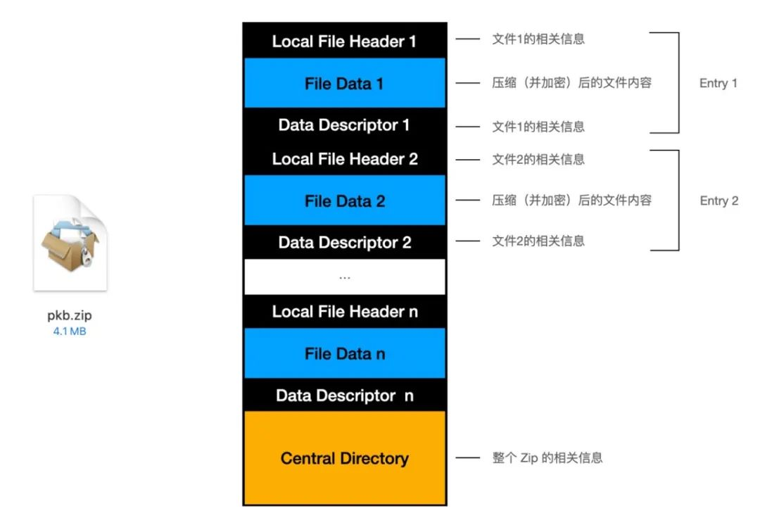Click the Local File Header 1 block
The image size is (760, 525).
click(x=344, y=41)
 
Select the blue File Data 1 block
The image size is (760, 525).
click(x=344, y=83)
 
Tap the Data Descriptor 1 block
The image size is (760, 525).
click(x=344, y=125)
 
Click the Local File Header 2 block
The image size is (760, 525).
click(x=344, y=159)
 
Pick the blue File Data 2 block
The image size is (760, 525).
click(x=344, y=201)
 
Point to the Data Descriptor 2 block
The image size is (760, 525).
click(x=344, y=242)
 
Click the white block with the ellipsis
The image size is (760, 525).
click(x=344, y=277)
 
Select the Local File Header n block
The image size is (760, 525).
click(x=344, y=312)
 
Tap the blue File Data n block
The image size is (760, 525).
click(x=344, y=353)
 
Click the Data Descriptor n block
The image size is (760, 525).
click(x=344, y=396)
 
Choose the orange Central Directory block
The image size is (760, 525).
click(x=344, y=458)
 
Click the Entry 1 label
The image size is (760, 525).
click(x=718, y=83)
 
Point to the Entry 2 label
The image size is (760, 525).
click(x=718, y=201)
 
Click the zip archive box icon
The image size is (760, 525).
click(x=70, y=243)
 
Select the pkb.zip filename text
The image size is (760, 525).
click(x=70, y=316)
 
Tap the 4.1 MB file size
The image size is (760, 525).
click(x=70, y=331)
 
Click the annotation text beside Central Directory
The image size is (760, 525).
click(x=547, y=458)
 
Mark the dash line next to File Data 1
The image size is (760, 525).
click(x=467, y=83)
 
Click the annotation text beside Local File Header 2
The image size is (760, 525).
click(x=538, y=159)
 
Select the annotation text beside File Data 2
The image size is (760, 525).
click(x=571, y=201)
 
